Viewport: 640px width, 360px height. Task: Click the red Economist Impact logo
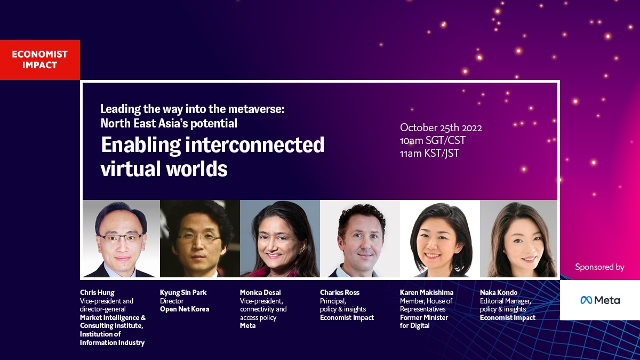(39, 60)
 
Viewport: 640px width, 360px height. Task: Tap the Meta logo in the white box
(600, 300)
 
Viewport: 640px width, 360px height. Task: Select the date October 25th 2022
(441, 127)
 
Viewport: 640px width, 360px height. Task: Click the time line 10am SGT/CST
(433, 141)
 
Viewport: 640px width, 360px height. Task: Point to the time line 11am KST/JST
(429, 154)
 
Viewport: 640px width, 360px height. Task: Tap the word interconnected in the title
(254, 145)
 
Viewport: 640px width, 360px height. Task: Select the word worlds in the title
(197, 169)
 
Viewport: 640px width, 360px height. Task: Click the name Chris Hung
(97, 293)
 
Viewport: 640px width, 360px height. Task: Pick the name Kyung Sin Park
(183, 293)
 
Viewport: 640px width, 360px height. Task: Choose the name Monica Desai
(260, 293)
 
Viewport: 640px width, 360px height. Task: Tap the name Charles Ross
(340, 293)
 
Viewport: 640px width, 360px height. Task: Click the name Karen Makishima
(427, 293)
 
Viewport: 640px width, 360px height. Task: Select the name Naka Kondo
(499, 293)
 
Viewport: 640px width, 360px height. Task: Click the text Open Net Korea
(185, 309)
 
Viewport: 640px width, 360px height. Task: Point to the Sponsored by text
(599, 267)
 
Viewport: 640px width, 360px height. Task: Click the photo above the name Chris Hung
(122, 238)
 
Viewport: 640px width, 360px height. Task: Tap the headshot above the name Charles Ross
(360, 238)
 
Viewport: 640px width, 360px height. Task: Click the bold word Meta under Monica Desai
(247, 326)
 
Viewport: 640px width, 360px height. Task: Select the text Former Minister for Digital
(424, 322)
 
